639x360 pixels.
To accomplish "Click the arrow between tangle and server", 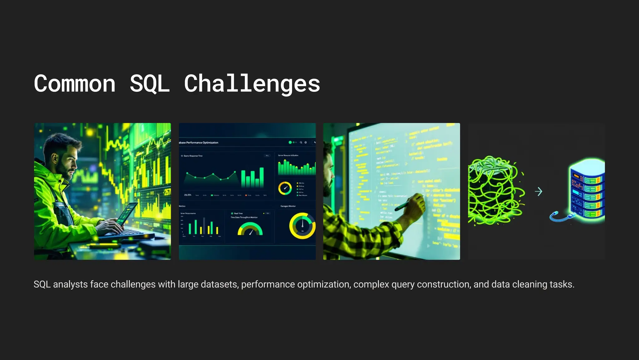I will (x=539, y=192).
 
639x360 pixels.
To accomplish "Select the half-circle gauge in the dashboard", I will (x=250, y=229).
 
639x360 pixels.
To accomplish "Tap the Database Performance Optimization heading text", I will (x=198, y=143).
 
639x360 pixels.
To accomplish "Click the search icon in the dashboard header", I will (x=301, y=142).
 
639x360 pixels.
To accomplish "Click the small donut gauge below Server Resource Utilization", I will (x=285, y=188).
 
